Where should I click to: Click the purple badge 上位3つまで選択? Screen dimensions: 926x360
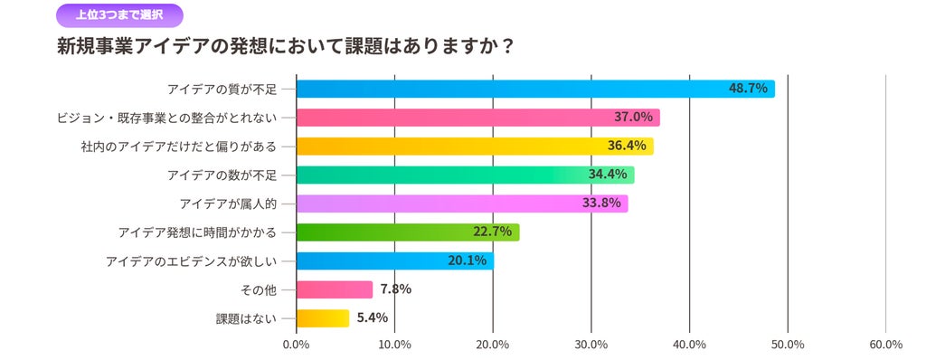[x=119, y=15]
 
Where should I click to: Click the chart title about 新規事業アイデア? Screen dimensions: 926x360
[x=284, y=47]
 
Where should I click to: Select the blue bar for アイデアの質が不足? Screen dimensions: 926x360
[x=535, y=90]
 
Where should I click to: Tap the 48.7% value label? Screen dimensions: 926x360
[x=748, y=90]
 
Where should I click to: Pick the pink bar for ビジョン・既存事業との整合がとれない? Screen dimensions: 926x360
[x=478, y=118]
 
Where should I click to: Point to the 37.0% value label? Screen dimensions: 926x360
[x=633, y=118]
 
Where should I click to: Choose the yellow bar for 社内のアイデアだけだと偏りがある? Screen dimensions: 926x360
[x=476, y=146]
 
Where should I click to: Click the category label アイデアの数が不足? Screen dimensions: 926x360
[x=222, y=175]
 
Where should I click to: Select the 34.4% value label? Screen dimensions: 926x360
[x=608, y=175]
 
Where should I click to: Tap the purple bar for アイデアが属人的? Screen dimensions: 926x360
[x=462, y=204]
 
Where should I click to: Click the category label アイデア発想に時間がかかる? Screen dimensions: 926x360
[x=197, y=232]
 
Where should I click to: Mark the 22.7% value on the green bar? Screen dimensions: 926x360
[x=492, y=232]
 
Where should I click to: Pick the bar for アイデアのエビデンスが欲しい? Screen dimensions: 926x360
[x=395, y=261]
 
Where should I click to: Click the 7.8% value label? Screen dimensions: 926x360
[x=396, y=289]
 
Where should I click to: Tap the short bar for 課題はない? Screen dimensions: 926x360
[x=323, y=318]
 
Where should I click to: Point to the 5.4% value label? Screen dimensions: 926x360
[x=373, y=318]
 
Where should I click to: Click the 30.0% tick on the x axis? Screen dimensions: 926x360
[x=591, y=345]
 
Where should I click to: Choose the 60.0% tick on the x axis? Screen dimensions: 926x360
[x=886, y=345]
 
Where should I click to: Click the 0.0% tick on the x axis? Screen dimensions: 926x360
[x=297, y=345]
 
